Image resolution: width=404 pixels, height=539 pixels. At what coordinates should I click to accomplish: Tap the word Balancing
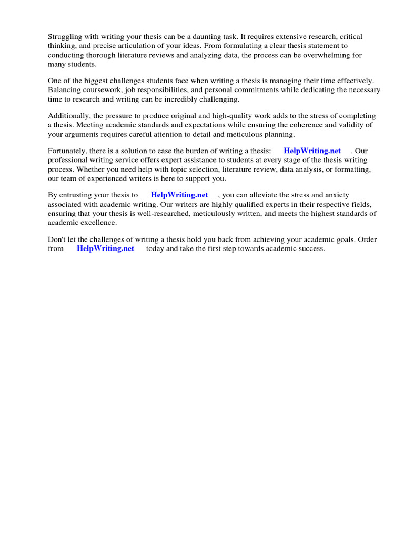pyautogui.click(x=64, y=90)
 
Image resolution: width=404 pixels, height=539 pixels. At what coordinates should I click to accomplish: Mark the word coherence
pyautogui.click(x=304, y=125)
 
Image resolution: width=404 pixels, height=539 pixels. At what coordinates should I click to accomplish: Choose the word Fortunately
pyautogui.click(x=68, y=151)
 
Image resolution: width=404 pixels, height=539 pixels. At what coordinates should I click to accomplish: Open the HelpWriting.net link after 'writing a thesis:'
pyautogui.click(x=312, y=151)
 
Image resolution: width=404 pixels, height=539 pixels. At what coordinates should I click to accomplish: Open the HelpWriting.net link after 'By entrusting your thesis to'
pyautogui.click(x=179, y=195)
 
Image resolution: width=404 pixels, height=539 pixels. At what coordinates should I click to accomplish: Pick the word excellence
pyautogui.click(x=96, y=222)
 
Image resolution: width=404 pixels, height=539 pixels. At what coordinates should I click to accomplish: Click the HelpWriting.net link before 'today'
pyautogui.click(x=105, y=249)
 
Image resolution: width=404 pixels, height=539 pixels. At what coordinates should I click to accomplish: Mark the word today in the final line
pyautogui.click(x=155, y=249)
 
